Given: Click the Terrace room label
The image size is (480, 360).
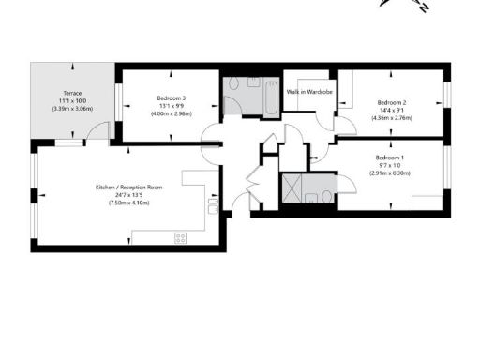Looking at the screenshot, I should [x=72, y=94].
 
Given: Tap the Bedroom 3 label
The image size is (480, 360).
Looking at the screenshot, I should [x=171, y=98].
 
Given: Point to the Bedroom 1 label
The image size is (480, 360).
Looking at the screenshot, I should [x=388, y=157].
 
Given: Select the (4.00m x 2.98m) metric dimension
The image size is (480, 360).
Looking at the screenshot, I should [x=171, y=114].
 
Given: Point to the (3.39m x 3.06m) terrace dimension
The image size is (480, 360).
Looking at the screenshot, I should [x=72, y=109].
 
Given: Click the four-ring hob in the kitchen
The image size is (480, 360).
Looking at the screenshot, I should [x=180, y=237].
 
